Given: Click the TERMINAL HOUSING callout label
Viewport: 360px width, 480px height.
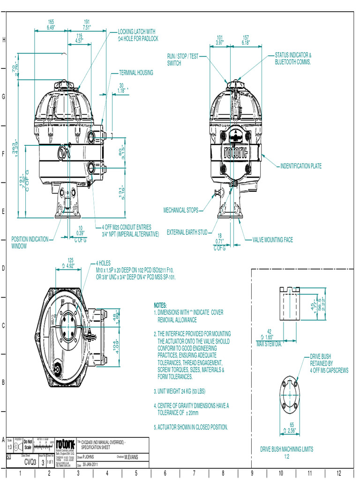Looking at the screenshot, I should pyautogui.click(x=136, y=73).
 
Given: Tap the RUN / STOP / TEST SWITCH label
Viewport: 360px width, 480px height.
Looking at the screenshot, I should pyautogui.click(x=183, y=60).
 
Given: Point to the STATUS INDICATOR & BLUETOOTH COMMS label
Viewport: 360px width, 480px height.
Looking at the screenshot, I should pyautogui.click(x=293, y=59).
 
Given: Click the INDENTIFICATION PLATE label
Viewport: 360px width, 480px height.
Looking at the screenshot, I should pyautogui.click(x=301, y=166).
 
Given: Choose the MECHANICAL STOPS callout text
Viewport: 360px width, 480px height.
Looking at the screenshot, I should pyautogui.click(x=180, y=210).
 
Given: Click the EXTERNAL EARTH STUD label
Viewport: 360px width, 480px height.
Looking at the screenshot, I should pyautogui.click(x=187, y=232).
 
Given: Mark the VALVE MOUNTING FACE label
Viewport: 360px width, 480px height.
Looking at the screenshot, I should pyautogui.click(x=272, y=240).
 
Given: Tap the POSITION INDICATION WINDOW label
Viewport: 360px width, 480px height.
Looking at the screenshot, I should pyautogui.click(x=30, y=242).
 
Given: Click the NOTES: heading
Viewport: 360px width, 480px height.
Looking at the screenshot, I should pyautogui.click(x=160, y=305).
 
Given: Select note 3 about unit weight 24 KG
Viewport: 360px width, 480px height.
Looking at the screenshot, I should pyautogui.click(x=180, y=391).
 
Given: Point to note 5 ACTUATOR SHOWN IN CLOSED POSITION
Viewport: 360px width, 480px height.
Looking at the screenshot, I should pyautogui.click(x=191, y=427).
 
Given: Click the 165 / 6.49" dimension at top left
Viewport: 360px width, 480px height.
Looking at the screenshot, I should pyautogui.click(x=51, y=25).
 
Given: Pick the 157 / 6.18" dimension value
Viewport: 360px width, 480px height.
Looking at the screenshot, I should pyautogui.click(x=246, y=40).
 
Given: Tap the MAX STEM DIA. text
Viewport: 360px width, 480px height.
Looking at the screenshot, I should pyautogui.click(x=269, y=345).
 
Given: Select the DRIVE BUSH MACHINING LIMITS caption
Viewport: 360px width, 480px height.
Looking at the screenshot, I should pyautogui.click(x=287, y=449).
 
